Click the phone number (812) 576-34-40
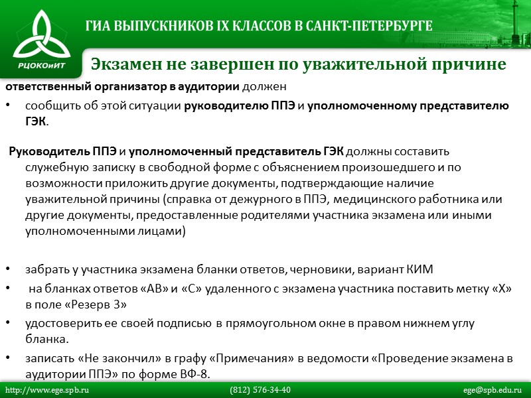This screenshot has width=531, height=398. pyautogui.click(x=260, y=390)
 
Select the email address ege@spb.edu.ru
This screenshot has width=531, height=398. pyautogui.click(x=493, y=390)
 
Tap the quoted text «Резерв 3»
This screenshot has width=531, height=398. pyautogui.click(x=97, y=304)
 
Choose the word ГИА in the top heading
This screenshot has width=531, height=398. pyautogui.click(x=100, y=27)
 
